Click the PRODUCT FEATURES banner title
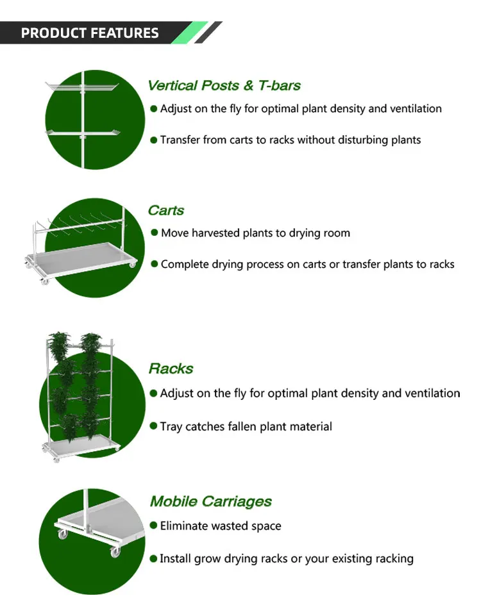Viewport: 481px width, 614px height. click(x=90, y=33)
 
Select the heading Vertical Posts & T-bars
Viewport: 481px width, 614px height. click(x=224, y=85)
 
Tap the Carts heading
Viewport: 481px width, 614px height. click(x=165, y=210)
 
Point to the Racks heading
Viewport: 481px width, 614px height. click(x=171, y=369)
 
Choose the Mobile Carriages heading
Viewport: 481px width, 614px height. click(x=211, y=501)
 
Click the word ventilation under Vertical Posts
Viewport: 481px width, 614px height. click(x=414, y=109)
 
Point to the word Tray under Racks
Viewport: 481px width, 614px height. click(x=171, y=426)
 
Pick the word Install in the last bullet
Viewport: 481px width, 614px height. click(x=175, y=559)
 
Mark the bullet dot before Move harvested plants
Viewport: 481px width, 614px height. click(x=154, y=233)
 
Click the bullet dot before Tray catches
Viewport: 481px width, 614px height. click(x=154, y=426)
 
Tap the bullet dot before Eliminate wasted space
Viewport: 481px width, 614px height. click(x=154, y=526)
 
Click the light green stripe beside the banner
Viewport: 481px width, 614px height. click(x=190, y=33)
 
